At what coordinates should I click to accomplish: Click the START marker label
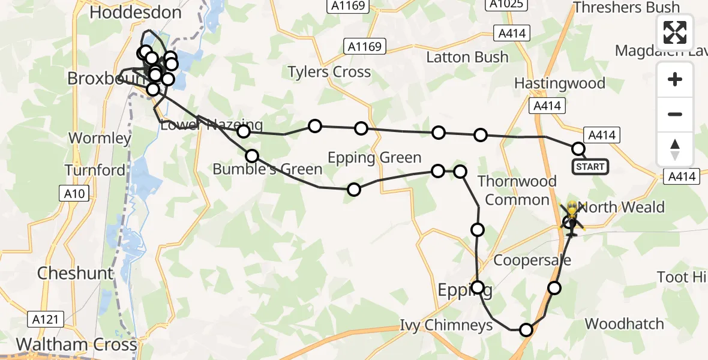click(x=590, y=166)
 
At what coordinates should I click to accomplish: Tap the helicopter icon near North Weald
click(x=571, y=217)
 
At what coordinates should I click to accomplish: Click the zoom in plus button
click(x=675, y=80)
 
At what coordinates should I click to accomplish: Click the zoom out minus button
click(x=675, y=114)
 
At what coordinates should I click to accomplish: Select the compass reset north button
click(x=675, y=149)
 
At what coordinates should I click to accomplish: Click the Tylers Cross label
click(x=329, y=72)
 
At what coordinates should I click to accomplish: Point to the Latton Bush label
click(x=467, y=57)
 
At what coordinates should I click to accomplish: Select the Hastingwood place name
click(x=560, y=83)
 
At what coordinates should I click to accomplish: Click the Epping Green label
click(x=374, y=158)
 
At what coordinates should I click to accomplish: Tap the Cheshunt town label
click(x=75, y=274)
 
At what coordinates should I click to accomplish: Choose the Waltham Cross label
click(x=77, y=344)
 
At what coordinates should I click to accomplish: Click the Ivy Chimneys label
click(x=446, y=325)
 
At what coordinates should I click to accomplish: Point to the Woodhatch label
click(x=624, y=324)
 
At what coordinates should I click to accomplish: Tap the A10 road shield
click(x=74, y=193)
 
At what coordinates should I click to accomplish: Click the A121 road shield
click(x=46, y=319)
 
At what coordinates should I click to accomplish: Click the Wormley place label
click(x=100, y=138)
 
